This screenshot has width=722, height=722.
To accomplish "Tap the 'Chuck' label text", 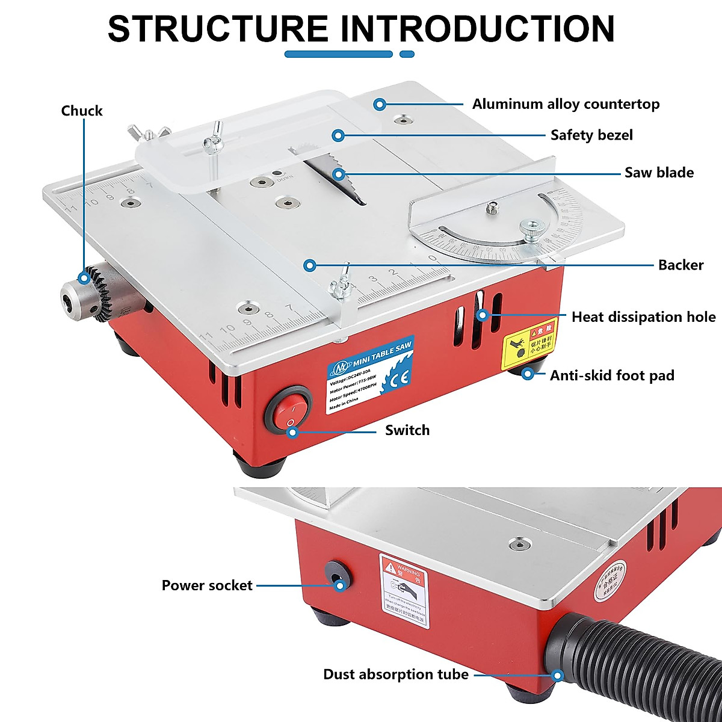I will coord(82,111).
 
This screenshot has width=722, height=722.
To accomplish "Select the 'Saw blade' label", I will coord(659,173).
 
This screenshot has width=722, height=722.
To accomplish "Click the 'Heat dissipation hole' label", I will coord(643,316).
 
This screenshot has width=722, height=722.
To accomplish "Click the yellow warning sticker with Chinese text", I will coord(530,343).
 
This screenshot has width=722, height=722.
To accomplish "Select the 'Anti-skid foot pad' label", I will coord(612,375).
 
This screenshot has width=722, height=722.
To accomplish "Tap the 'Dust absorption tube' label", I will coord(395,674).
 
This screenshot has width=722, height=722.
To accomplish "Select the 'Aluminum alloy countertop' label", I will coord(566,104).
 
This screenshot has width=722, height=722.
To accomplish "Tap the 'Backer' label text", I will coord(680,265).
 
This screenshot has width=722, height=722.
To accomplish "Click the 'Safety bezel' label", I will coord(591,135).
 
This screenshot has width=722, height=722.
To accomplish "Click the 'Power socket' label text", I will coord(207,585).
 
